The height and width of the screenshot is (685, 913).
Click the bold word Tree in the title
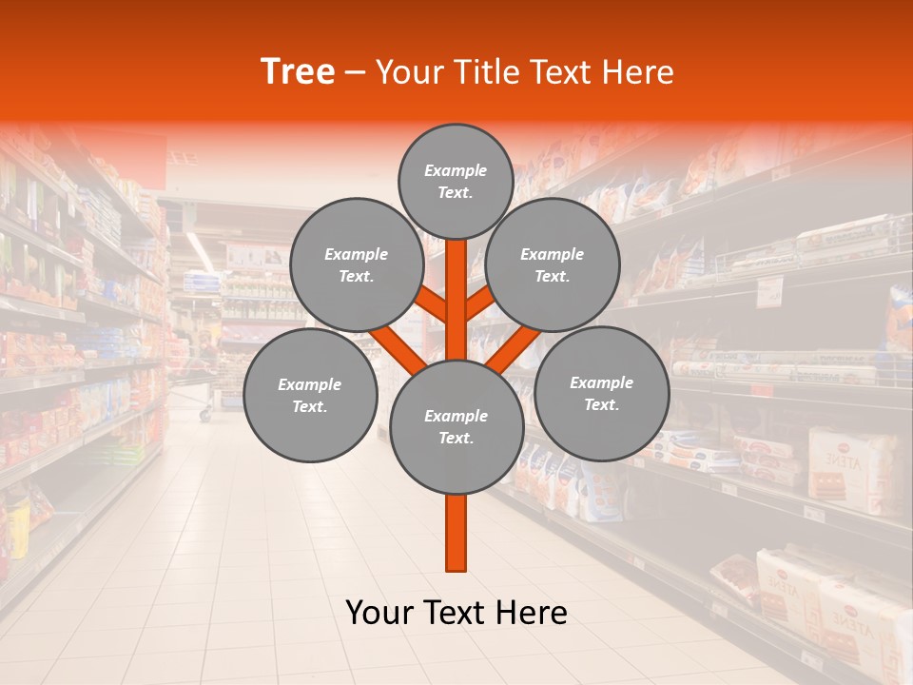pyautogui.click(x=298, y=72)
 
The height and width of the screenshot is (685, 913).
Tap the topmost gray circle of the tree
pyautogui.click(x=456, y=181)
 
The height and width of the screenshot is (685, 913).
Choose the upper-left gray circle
pyautogui.click(x=357, y=264)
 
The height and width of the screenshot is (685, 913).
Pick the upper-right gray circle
pyautogui.click(x=553, y=264)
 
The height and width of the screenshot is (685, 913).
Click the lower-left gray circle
pyautogui.click(x=310, y=395)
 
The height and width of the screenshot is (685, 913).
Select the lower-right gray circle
pyautogui.click(x=601, y=393)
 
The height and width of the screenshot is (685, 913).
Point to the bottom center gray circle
pyautogui.click(x=456, y=426)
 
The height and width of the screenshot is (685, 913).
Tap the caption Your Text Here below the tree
pyautogui.click(x=456, y=613)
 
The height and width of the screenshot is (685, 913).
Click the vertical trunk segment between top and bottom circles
pyautogui.click(x=456, y=300)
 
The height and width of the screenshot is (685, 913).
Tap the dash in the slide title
pyautogui.click(x=356, y=73)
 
